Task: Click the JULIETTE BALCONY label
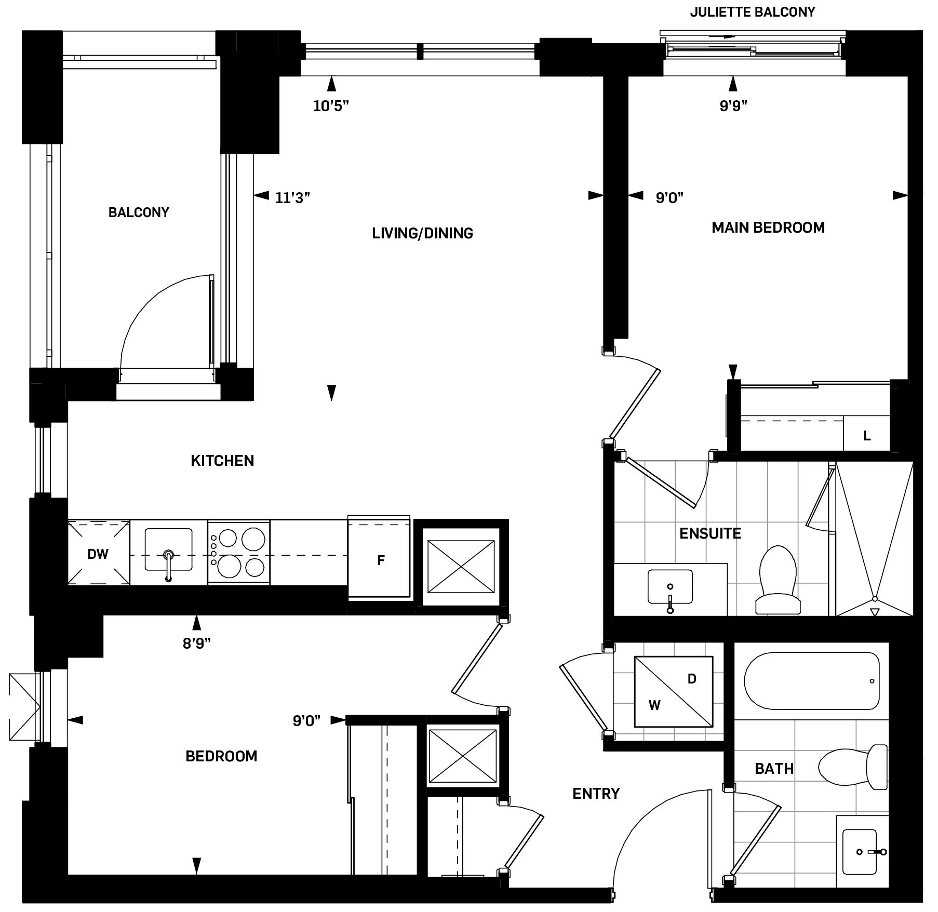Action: (752, 12)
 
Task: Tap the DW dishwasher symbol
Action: (98, 554)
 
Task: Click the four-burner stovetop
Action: (239, 553)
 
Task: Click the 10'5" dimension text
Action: (331, 106)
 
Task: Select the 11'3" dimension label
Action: (292, 198)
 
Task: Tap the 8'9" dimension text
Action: (197, 644)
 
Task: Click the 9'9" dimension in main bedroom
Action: (733, 106)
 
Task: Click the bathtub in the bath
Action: (811, 681)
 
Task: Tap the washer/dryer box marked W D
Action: (673, 691)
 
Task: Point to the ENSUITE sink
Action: (670, 587)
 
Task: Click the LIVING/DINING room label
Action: (422, 233)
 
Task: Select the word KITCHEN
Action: (222, 461)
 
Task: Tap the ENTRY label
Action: (596, 794)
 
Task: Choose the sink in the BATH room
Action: (861, 852)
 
